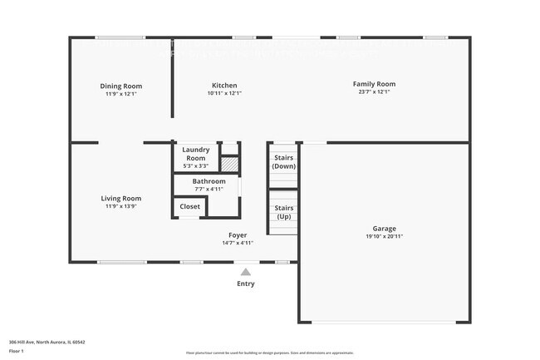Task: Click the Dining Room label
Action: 121,86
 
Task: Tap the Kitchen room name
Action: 224,86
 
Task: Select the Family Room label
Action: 374,84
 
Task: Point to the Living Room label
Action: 121,199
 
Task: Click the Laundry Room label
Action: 196,154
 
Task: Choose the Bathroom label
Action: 209,181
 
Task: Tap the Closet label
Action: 189,206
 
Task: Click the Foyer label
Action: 238,235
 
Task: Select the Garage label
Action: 384,229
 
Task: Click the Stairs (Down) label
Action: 284,161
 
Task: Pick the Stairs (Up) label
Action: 284,212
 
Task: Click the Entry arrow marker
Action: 246,271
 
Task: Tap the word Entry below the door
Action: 246,284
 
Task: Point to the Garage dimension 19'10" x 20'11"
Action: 384,237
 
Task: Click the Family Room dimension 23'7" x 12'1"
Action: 374,92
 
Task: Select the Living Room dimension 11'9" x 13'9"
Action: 121,206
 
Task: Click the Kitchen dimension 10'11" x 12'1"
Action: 224,93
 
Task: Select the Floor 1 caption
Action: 17,352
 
